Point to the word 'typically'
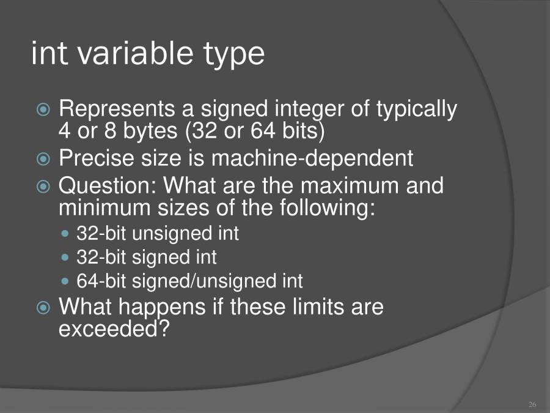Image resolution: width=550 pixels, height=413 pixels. (416, 110)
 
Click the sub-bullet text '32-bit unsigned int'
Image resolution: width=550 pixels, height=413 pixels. (158, 233)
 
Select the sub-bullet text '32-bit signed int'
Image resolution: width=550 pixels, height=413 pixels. (147, 257)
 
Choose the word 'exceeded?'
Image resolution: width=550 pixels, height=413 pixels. (114, 329)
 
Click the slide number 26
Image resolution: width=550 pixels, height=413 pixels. (532, 404)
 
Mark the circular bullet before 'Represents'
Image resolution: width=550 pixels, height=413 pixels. (43, 110)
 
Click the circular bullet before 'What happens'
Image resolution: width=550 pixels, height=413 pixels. (43, 307)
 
